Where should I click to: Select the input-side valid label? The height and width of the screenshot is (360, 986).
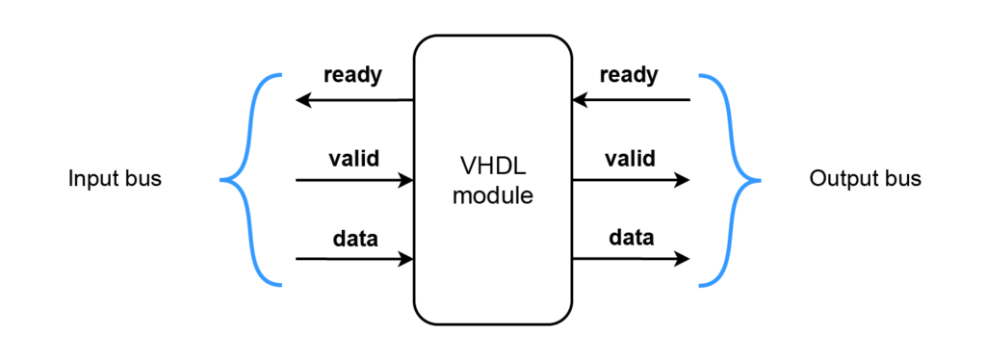click(353, 157)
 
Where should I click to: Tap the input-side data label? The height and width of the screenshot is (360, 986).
click(354, 237)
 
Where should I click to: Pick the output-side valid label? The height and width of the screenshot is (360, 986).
click(630, 157)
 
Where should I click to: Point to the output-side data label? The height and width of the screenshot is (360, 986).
click(631, 237)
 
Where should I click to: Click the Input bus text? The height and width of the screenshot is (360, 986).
click(115, 180)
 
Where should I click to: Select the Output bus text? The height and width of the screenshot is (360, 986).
click(866, 180)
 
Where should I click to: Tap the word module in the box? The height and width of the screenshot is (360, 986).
click(493, 196)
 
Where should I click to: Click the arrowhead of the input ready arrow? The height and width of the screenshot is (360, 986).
click(302, 99)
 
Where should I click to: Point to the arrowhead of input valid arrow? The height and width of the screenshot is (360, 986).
click(407, 180)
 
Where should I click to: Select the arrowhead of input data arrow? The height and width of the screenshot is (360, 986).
click(407, 259)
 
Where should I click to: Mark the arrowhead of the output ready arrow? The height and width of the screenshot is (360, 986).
click(580, 99)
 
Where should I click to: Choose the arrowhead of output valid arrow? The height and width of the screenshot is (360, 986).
click(683, 180)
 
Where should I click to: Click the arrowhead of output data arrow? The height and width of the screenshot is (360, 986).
click(683, 259)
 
